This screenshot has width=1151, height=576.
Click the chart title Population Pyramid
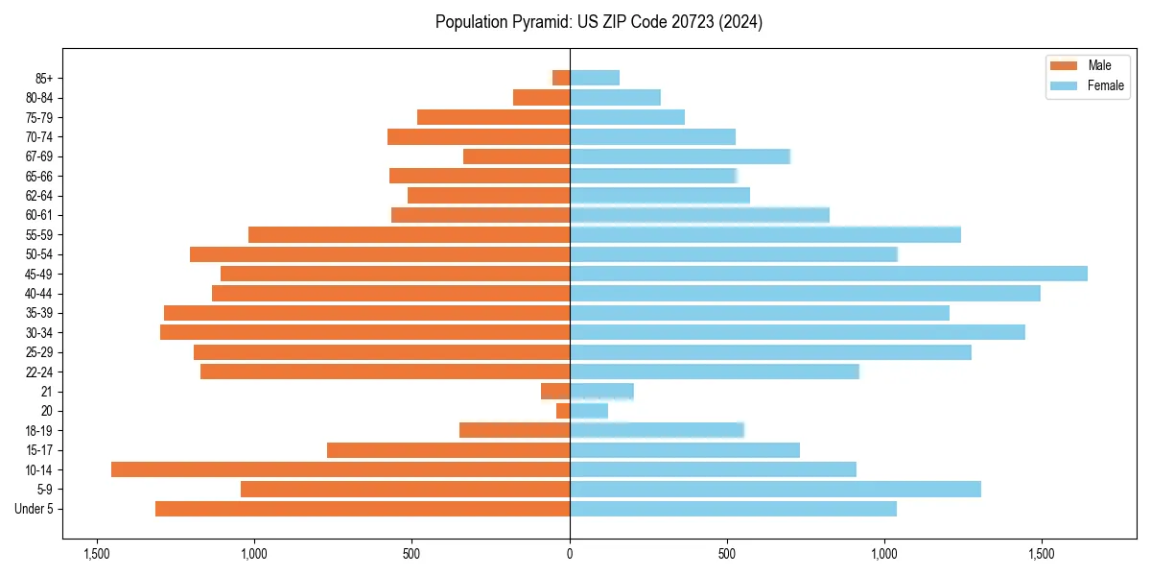tap(599, 22)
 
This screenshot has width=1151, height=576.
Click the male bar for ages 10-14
tap(341, 469)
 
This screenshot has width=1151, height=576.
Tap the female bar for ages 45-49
tap(829, 274)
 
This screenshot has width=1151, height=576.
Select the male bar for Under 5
tap(363, 509)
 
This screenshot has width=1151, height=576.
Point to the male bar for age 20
tap(563, 411)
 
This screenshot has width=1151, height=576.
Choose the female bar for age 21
tap(601, 392)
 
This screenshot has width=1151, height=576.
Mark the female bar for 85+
tap(595, 78)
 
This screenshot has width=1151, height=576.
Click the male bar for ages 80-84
tap(541, 98)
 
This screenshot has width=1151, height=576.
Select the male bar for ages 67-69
tap(516, 156)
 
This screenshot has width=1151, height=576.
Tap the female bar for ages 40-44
tap(805, 294)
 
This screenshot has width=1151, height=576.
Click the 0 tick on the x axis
tap(570, 554)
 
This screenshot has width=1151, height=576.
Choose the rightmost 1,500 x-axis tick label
tap(1042, 554)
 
